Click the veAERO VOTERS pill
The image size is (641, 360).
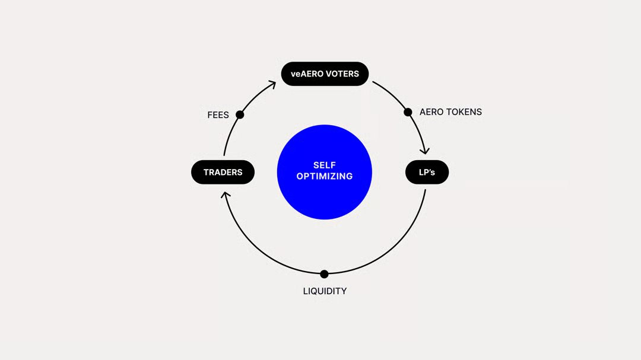coord(325,74)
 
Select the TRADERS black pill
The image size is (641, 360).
coord(223,172)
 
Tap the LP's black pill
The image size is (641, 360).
coord(427,172)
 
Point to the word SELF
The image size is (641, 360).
coord(325,165)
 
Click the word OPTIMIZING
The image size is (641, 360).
coord(325,176)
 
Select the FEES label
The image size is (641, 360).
coord(218,115)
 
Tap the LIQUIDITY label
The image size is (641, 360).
coord(325,291)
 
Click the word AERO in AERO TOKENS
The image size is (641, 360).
coord(431,112)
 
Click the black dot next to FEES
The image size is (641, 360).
coord(240,114)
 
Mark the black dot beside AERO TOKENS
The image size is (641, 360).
coord(408,112)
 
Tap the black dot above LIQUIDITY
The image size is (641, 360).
coord(324,274)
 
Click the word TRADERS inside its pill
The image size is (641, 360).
coord(223,172)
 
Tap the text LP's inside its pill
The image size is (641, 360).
coord(427,172)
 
